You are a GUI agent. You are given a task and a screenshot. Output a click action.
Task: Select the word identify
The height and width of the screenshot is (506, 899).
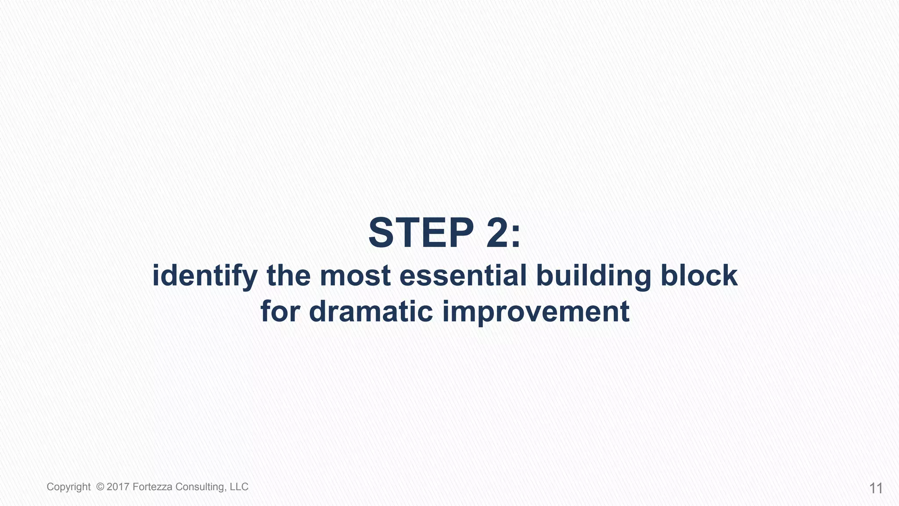point(204,276)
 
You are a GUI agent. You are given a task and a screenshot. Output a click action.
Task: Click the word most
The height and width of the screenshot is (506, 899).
point(355,276)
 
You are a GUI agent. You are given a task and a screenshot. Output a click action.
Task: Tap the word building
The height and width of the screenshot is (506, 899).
point(593,276)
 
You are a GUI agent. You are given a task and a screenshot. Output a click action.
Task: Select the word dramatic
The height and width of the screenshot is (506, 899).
point(371,311)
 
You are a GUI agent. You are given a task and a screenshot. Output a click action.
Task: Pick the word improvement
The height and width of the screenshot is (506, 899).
point(536,312)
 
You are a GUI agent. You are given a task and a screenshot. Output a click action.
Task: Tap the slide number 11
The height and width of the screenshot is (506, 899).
point(876,488)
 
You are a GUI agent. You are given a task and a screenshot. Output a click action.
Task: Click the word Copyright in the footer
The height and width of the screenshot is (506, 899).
point(68,487)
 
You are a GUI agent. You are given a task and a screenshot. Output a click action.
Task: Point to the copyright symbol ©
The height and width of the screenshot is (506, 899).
point(100,487)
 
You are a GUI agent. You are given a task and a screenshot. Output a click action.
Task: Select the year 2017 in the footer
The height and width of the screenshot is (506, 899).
point(118,487)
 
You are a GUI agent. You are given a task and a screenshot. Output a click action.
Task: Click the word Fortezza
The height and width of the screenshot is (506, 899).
point(152,487)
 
